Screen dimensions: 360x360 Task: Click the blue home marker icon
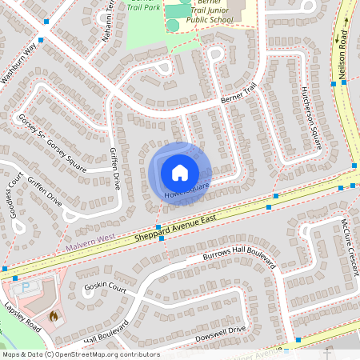[x=180, y=172]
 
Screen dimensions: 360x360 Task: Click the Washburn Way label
[x=19, y=63]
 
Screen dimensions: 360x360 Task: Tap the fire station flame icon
[x=54, y=315]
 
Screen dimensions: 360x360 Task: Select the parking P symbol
[x=26, y=286]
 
